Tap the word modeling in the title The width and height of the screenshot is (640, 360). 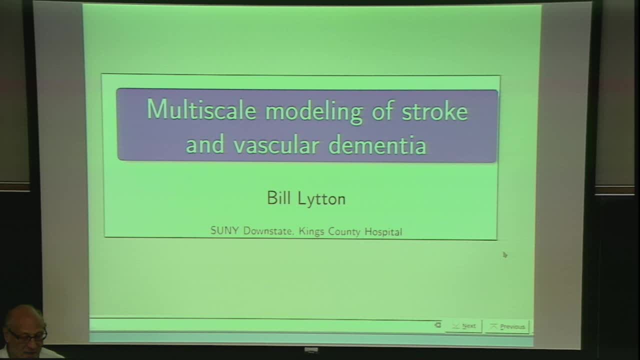coord(313,111)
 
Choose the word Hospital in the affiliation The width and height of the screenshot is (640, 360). coord(383,231)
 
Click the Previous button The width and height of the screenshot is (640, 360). coord(507,326)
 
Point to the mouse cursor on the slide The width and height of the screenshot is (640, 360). coord(504,255)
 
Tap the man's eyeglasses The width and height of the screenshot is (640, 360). coord(27,335)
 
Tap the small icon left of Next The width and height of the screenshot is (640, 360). coord(438,325)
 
